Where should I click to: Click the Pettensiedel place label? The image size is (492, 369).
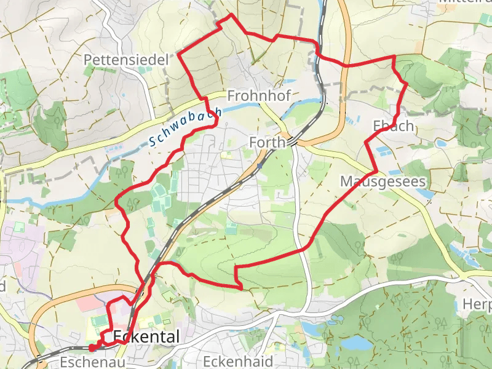(127, 60)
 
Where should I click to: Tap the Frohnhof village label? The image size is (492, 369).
(258, 96)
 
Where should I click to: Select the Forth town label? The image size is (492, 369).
(268, 143)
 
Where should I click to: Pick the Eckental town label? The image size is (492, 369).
(146, 337)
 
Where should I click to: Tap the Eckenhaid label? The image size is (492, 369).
(237, 361)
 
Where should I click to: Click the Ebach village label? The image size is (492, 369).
(393, 126)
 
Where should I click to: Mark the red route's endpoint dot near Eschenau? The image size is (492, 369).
(92, 347)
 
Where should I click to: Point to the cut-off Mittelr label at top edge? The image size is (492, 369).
(464, 2)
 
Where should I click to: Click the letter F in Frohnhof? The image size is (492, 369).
(231, 96)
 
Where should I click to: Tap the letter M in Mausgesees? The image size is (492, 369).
(346, 182)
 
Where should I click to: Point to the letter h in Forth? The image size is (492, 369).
(282, 143)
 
